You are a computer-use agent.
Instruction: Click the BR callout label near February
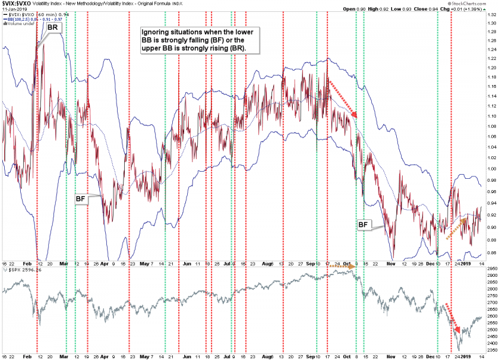click(x=53, y=27)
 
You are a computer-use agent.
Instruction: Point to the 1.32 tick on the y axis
click(x=491, y=24)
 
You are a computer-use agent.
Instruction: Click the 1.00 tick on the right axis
click(x=491, y=169)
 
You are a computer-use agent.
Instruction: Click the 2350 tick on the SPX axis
click(x=491, y=351)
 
